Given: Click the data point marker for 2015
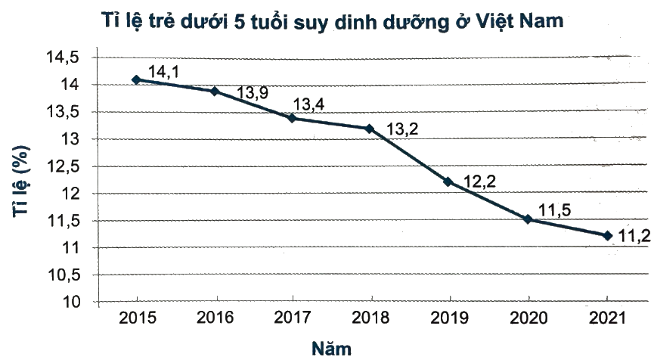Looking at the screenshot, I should tap(136, 79).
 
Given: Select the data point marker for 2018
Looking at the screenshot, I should tap(369, 129).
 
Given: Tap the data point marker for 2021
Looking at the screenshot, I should tap(607, 236).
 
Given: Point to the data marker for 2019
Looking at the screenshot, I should tap(448, 182).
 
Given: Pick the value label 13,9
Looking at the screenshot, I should tap(252, 93).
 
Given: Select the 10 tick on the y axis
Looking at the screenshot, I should tap(72, 303).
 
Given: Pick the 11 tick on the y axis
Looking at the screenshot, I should tap(72, 248).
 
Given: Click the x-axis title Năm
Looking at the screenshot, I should tap(331, 349).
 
